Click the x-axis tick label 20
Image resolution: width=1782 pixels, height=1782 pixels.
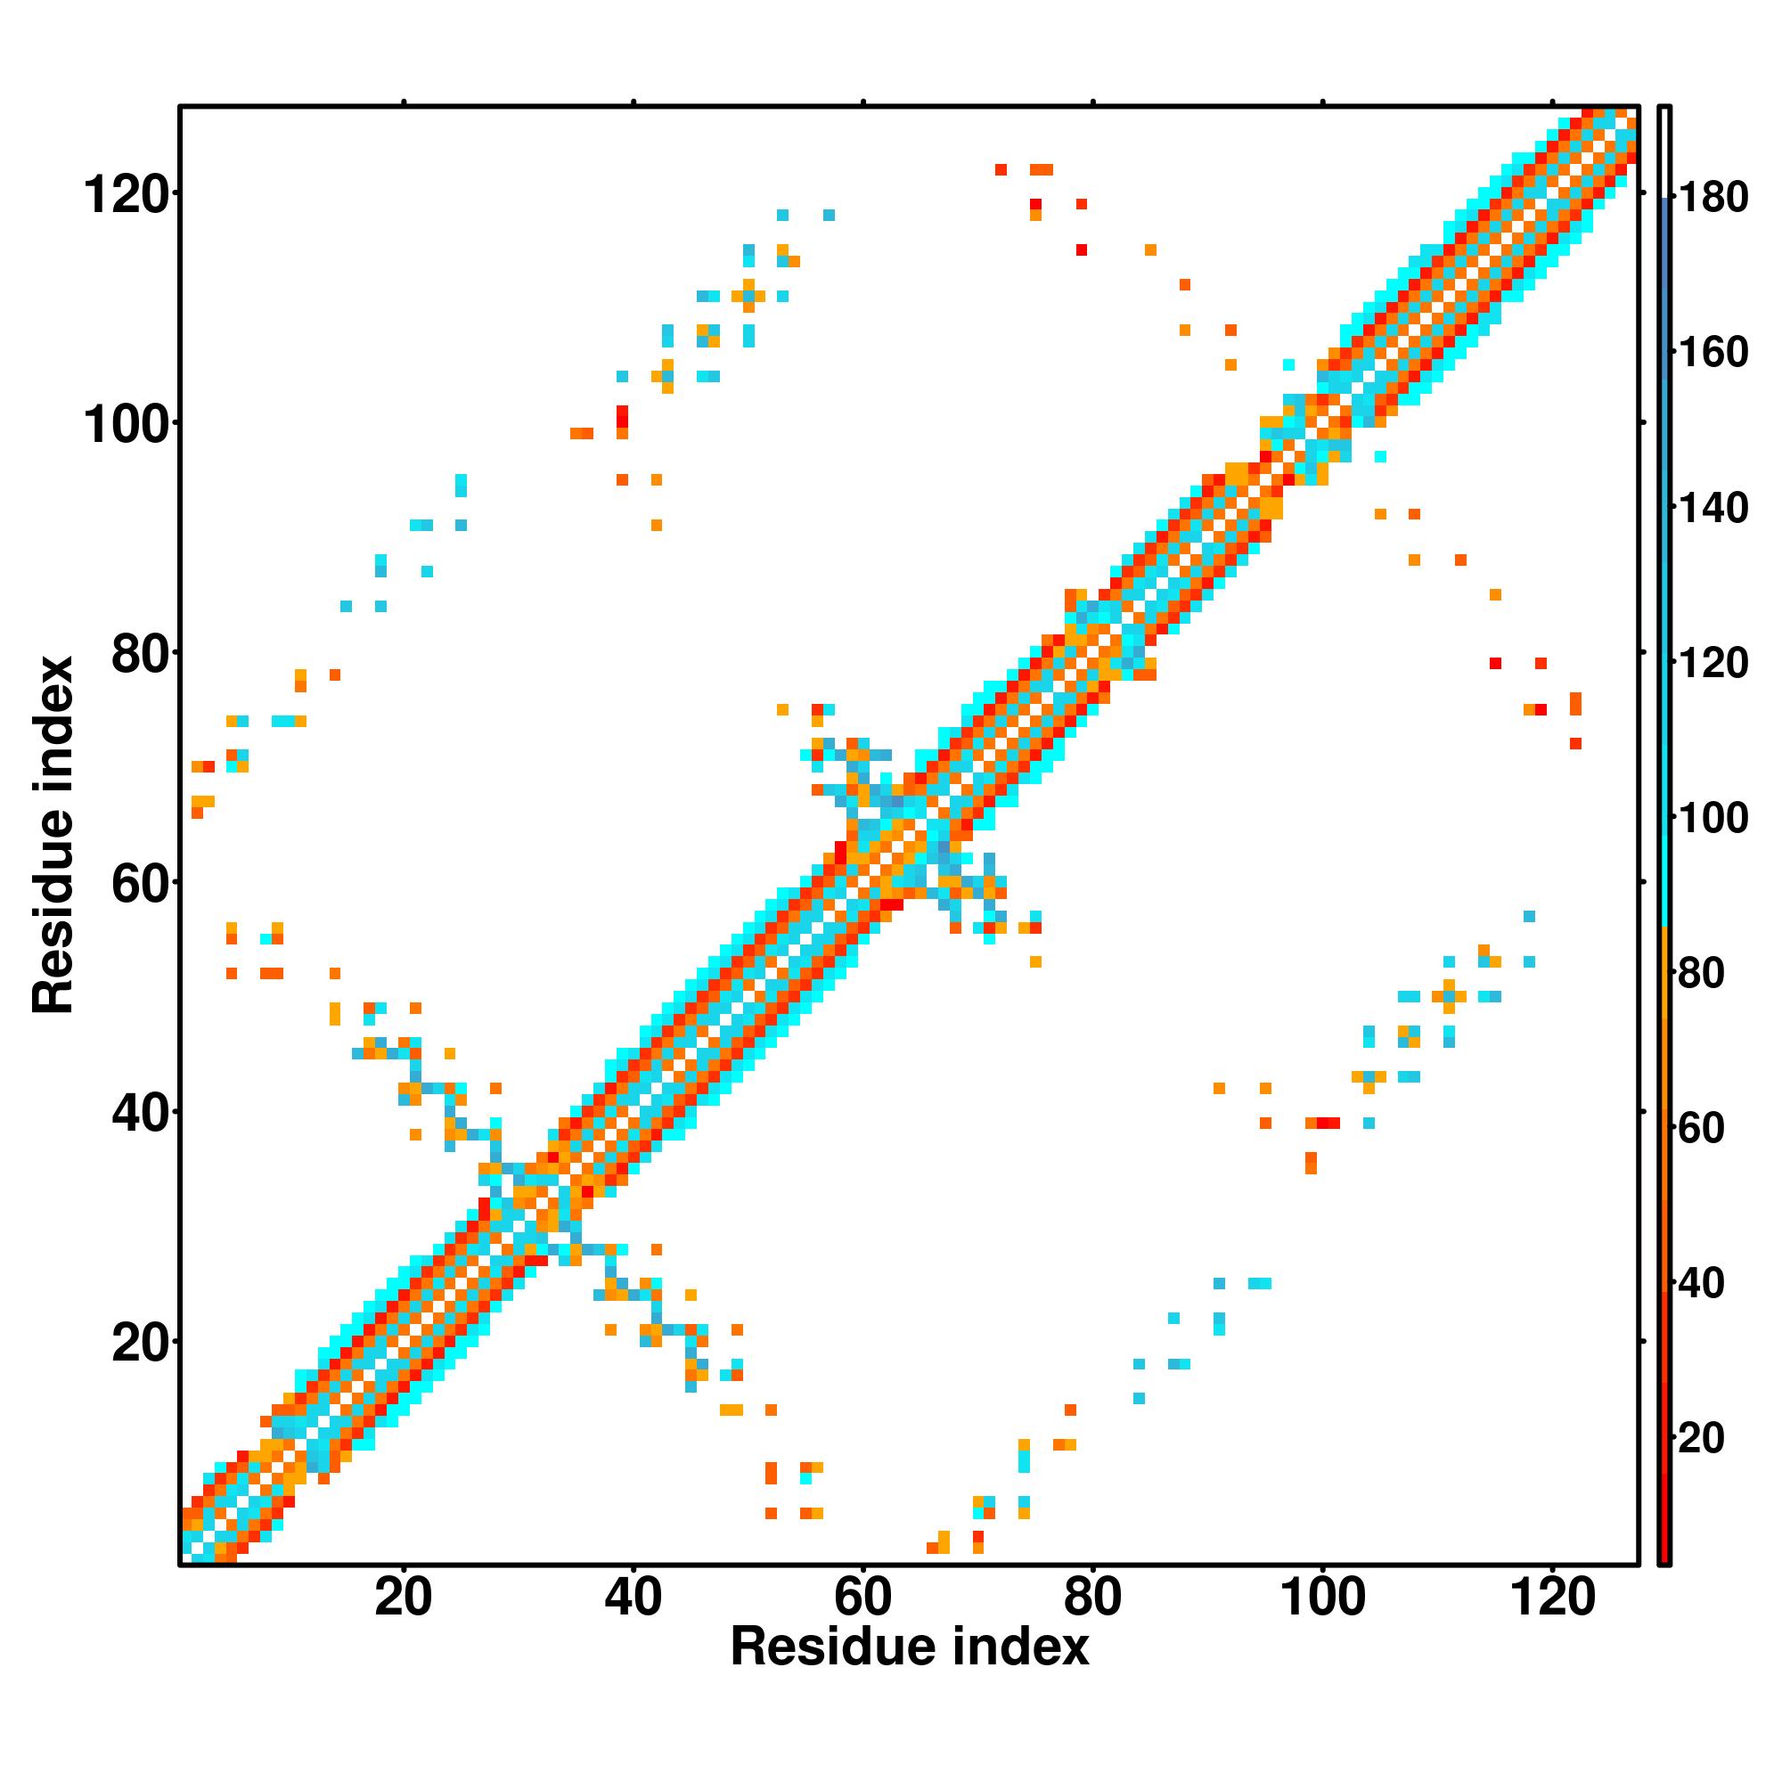click(x=403, y=1597)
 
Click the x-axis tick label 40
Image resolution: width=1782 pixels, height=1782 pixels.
click(x=633, y=1597)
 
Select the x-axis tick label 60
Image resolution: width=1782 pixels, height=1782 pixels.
click(x=862, y=1597)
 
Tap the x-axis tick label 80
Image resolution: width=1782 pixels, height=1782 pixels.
click(x=1092, y=1597)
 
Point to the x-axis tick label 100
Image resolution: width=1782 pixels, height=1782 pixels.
click(x=1322, y=1597)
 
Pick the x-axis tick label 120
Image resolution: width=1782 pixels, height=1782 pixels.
click(x=1552, y=1597)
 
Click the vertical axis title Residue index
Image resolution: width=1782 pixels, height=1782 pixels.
click(x=53, y=835)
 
